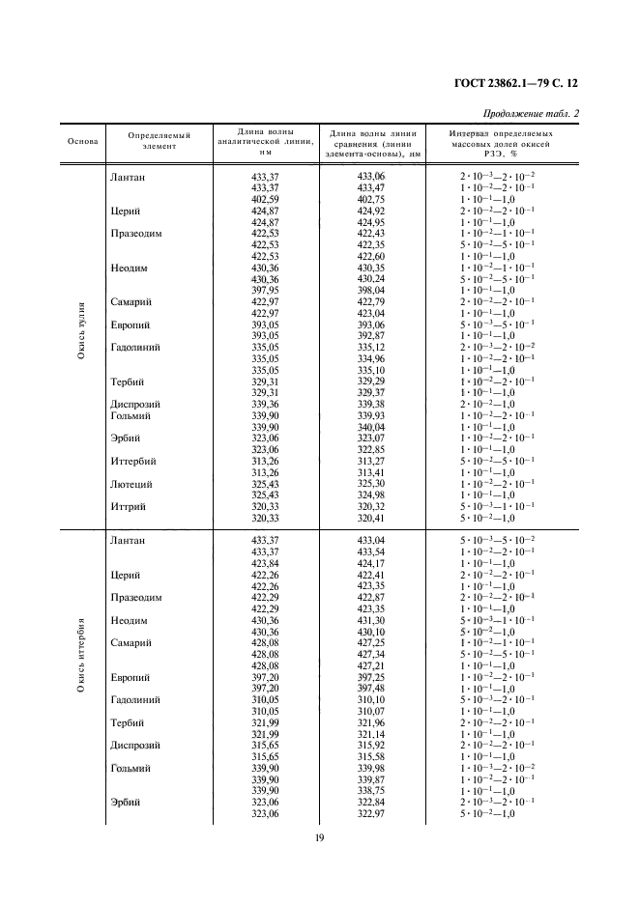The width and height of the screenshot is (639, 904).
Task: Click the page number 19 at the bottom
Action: (319, 837)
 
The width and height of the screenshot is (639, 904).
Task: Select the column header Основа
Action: (82, 141)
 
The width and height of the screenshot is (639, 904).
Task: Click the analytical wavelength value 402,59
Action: (265, 199)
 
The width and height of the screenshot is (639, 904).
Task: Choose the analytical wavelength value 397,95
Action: (265, 290)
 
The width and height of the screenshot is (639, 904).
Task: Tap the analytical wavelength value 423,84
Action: (265, 564)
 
